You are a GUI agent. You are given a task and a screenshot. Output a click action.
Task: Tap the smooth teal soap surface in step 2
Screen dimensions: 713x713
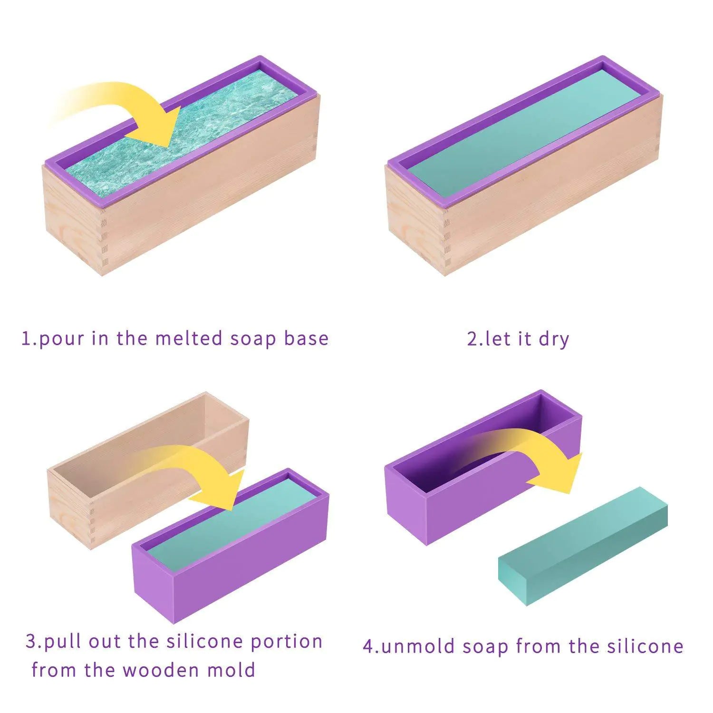(523, 133)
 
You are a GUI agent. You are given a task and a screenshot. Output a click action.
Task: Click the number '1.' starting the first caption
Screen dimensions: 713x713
(29, 339)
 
